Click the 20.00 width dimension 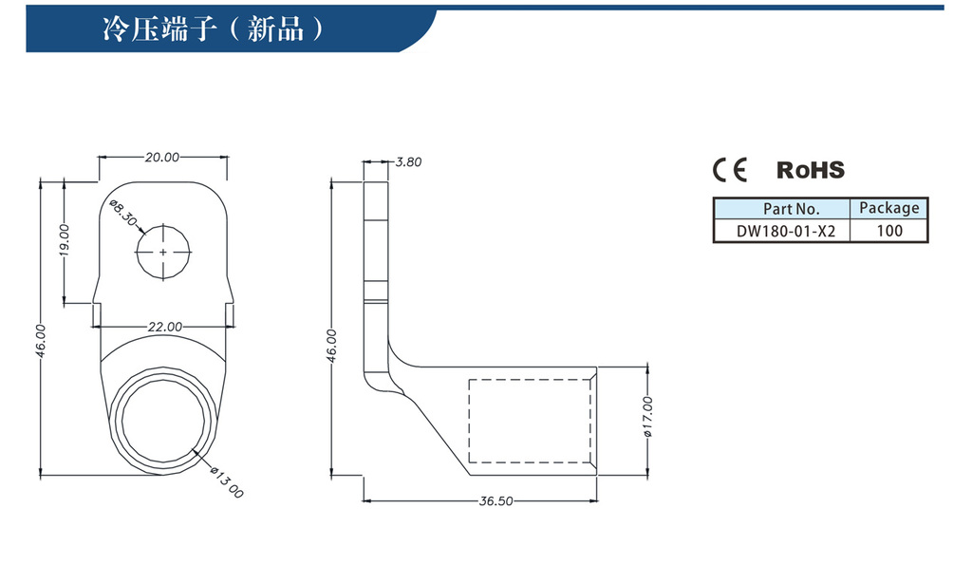pos(161,158)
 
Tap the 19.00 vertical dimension pos(64,240)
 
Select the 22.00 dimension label pos(165,327)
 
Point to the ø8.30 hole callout pos(122,212)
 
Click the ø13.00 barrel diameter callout pos(226,481)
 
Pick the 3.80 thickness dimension pos(408,161)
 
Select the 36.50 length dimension pos(495,500)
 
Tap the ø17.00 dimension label pos(647,417)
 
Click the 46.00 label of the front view pos(40,341)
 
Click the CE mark pos(730,170)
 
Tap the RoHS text pos(811,170)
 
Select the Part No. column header pos(791,208)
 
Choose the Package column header pos(888,208)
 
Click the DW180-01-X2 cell pos(785,232)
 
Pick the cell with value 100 pos(889,231)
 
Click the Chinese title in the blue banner pos(213,29)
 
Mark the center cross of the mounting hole pos(163,252)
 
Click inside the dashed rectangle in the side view pos(530,421)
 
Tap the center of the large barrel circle pos(163,421)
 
